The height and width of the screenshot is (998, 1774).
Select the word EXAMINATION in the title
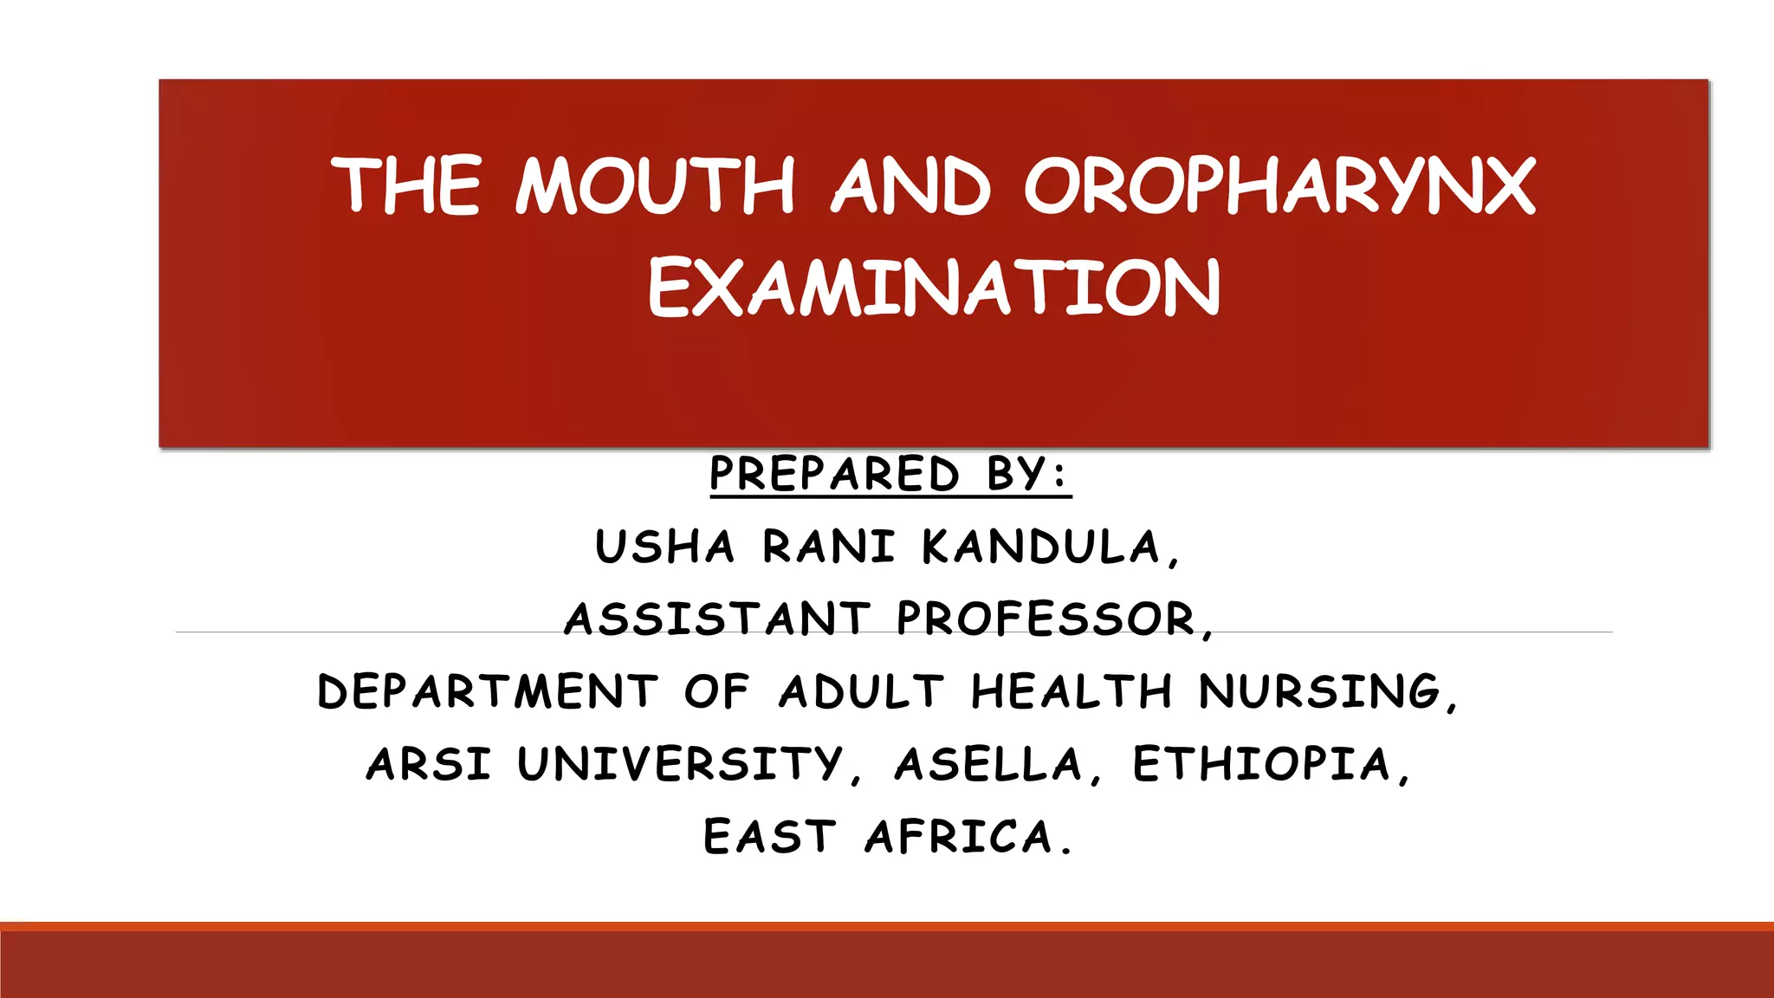(x=934, y=288)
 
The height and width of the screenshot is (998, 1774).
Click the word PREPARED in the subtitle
(x=834, y=474)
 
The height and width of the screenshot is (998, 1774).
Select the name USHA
(x=664, y=548)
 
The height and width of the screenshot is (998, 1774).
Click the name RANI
(x=828, y=548)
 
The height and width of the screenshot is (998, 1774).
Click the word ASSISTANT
(x=717, y=619)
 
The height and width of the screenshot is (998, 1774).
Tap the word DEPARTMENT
(x=488, y=692)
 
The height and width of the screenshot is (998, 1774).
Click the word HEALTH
(x=1072, y=692)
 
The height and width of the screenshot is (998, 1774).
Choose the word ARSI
(x=429, y=765)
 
